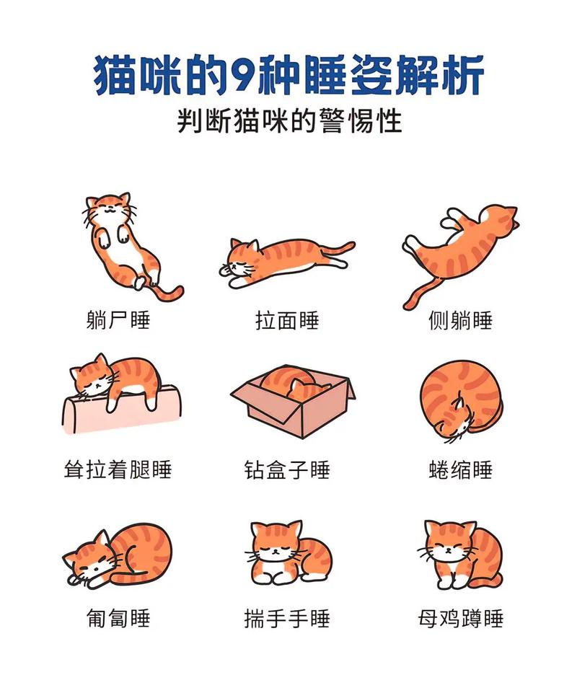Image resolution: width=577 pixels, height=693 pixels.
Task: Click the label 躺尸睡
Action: [x=118, y=319]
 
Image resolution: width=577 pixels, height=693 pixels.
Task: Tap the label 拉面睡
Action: [x=287, y=319]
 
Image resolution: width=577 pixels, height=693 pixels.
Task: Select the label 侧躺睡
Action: [x=460, y=319]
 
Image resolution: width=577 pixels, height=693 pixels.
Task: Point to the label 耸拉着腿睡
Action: [x=118, y=469]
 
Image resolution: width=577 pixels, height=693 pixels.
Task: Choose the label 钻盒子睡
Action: [x=287, y=469]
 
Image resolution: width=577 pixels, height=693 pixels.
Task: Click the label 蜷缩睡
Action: [x=460, y=469]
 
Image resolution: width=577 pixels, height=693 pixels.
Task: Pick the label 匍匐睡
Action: [x=118, y=618]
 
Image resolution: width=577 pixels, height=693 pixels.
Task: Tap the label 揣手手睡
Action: [x=287, y=618]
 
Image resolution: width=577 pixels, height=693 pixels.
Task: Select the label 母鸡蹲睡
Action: [x=460, y=618]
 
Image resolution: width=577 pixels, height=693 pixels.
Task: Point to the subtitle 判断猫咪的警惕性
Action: [x=288, y=120]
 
